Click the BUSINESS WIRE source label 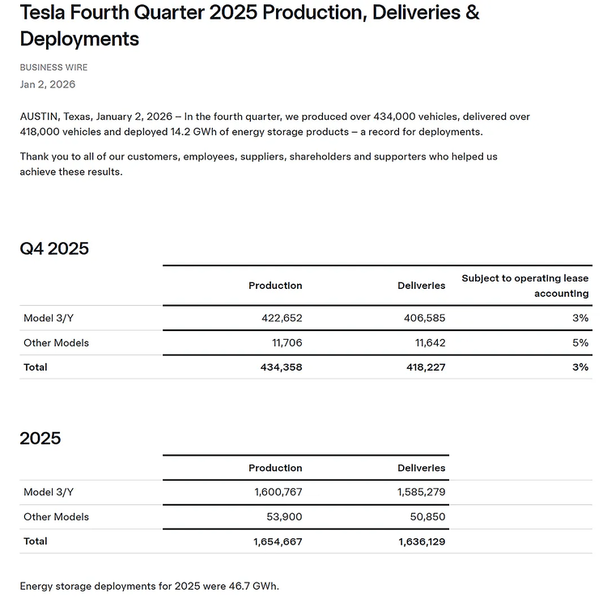point(53,67)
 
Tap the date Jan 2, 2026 point(48,84)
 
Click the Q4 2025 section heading point(54,248)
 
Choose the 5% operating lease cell point(580,342)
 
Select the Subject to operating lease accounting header point(525,286)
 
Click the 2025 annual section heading point(40,439)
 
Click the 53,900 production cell point(284,516)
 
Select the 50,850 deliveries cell point(427,516)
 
